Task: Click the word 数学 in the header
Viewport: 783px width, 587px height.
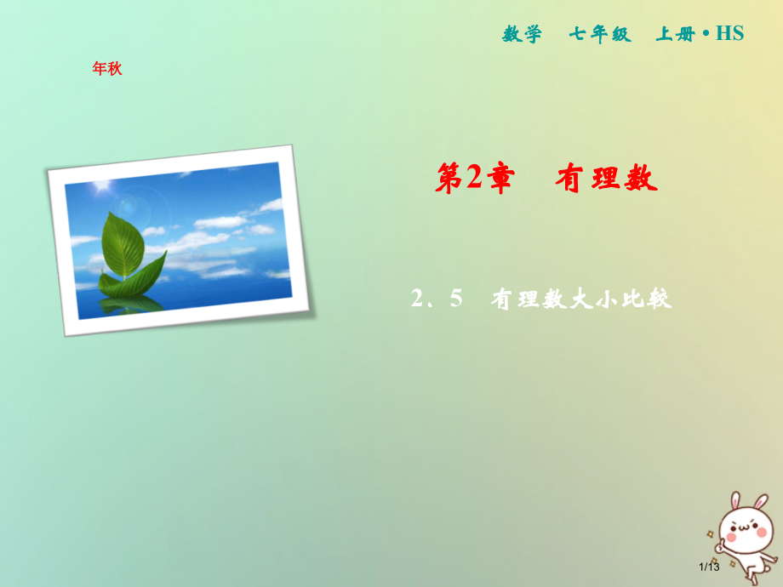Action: coord(522,34)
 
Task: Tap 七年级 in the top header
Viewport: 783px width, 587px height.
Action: coord(600,34)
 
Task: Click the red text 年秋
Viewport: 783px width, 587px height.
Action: coord(107,69)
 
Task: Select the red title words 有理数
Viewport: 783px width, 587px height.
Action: coord(607,180)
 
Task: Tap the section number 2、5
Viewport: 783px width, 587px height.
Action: coord(435,299)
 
